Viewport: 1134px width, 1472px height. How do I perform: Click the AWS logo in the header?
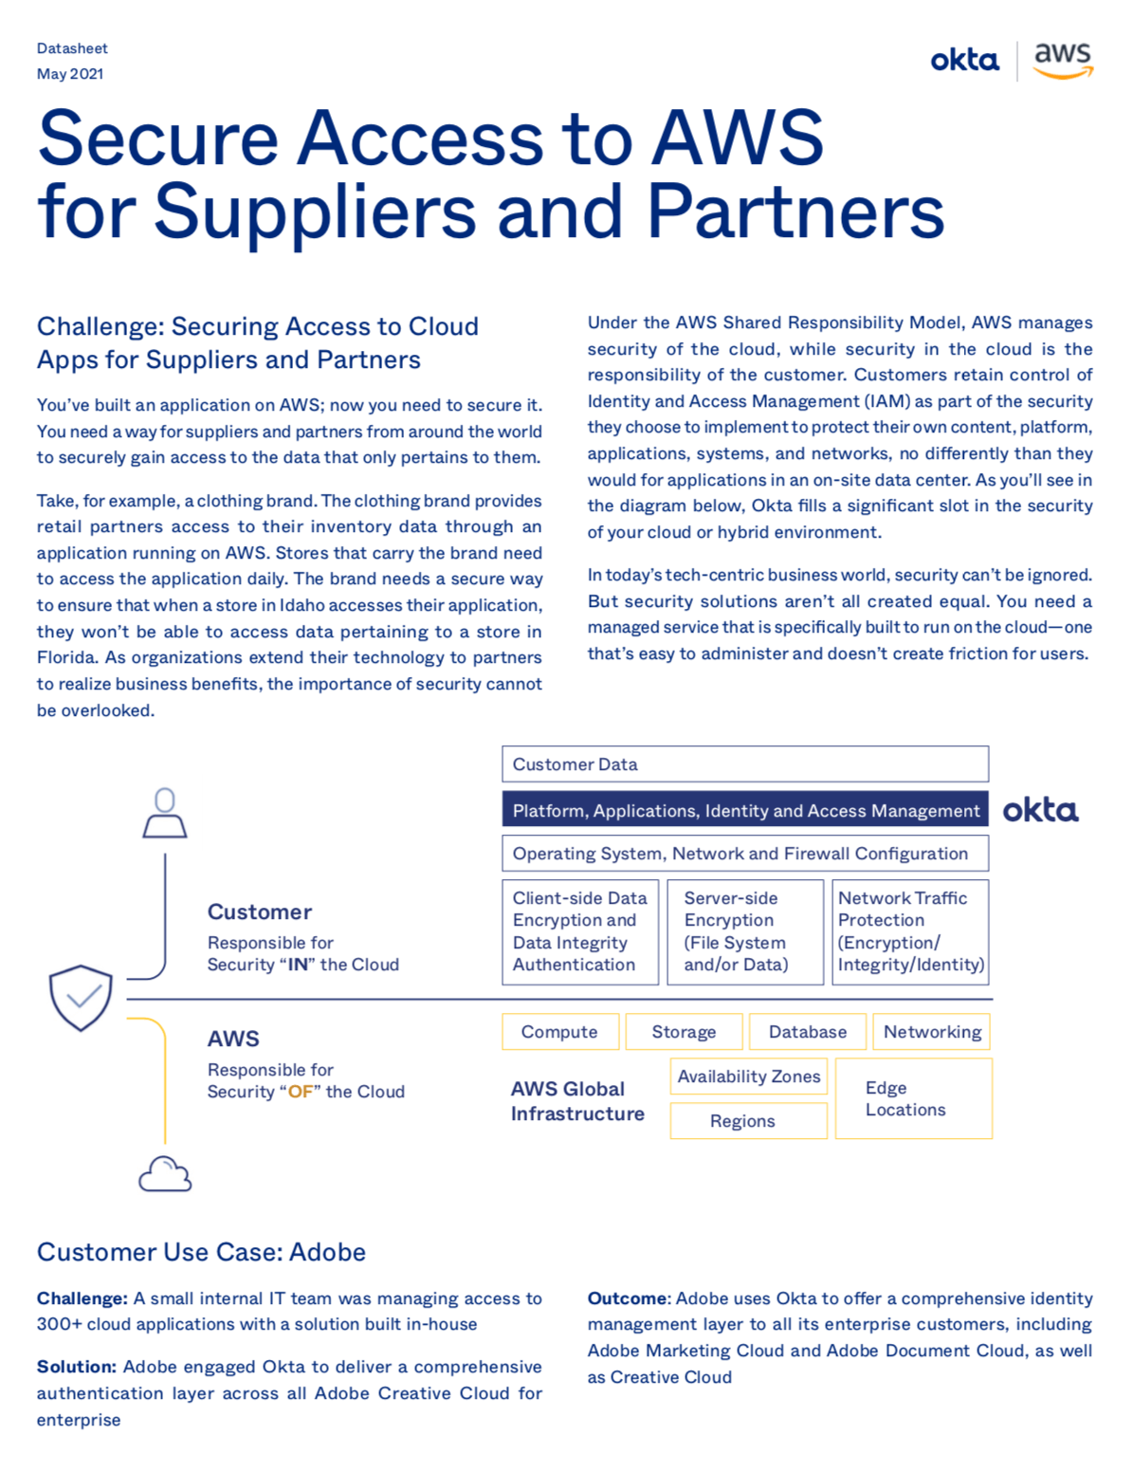click(1063, 60)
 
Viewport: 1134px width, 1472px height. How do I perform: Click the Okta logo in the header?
click(964, 61)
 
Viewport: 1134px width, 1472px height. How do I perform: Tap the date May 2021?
click(70, 74)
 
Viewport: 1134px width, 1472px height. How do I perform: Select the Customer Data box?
click(744, 764)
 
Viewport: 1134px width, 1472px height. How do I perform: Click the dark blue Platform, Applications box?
click(744, 810)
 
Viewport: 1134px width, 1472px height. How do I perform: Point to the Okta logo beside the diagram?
click(1040, 810)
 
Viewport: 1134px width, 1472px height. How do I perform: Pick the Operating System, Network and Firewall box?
click(744, 854)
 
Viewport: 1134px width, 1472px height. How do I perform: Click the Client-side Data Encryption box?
click(579, 931)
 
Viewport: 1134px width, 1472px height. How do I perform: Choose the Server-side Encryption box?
click(744, 931)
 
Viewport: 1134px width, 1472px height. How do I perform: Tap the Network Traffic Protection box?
click(910, 931)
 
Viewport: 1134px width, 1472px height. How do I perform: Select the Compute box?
click(559, 1032)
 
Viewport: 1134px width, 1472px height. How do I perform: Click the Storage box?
click(684, 1032)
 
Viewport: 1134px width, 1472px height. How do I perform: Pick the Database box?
click(808, 1032)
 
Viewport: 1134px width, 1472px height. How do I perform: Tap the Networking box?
click(932, 1032)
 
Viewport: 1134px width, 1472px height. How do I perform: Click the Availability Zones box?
click(748, 1076)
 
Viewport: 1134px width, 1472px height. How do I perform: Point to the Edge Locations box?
click(913, 1098)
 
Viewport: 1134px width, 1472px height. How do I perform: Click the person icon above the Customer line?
click(165, 813)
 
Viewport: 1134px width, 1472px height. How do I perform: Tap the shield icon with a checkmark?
click(81, 997)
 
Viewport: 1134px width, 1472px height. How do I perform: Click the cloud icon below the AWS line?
click(165, 1174)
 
